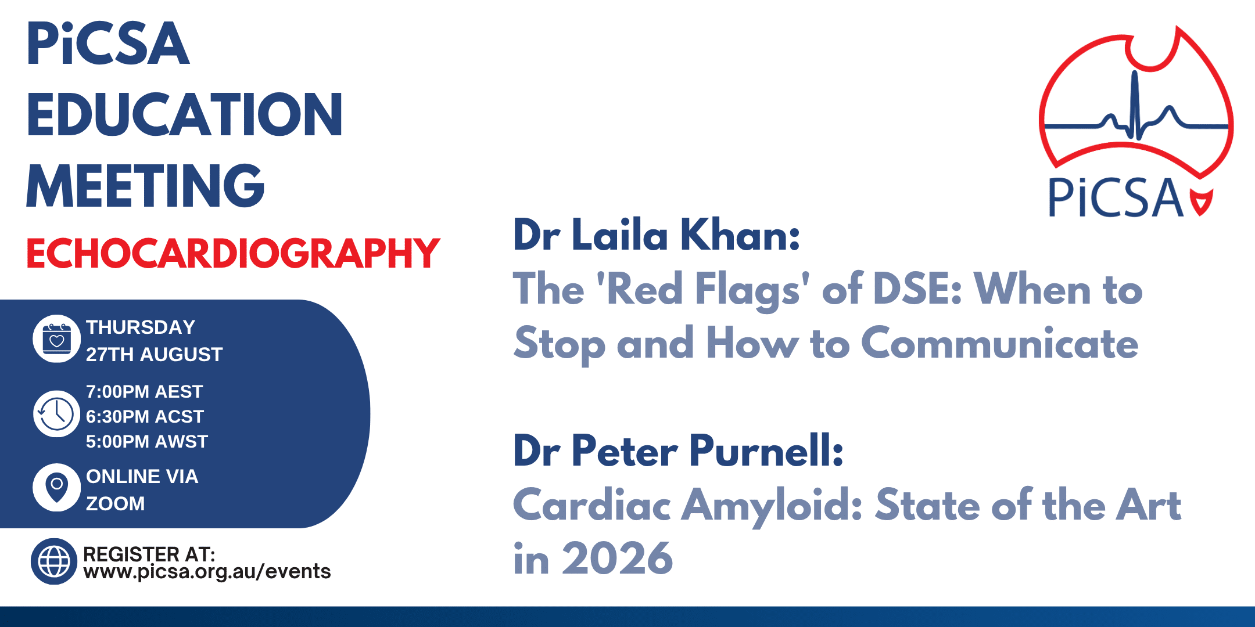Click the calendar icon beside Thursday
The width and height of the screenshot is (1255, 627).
(x=56, y=339)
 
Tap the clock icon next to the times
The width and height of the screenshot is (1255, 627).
(x=56, y=414)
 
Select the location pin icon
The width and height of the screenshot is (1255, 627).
(x=56, y=487)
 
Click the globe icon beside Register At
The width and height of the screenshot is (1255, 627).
(x=54, y=561)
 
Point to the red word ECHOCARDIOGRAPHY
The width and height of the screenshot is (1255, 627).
(x=233, y=253)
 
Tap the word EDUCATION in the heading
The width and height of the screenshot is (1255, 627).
(x=185, y=114)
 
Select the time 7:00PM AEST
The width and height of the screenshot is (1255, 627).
(x=144, y=392)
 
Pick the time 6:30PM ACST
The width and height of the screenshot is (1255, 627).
(x=145, y=417)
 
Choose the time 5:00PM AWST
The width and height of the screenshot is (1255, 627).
(x=146, y=442)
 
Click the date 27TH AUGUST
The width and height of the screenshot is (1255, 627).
(x=154, y=354)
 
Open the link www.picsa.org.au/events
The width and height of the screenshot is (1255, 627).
(x=207, y=572)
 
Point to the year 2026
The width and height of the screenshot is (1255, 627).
(x=618, y=558)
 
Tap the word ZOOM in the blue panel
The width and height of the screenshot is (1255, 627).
(x=115, y=503)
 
